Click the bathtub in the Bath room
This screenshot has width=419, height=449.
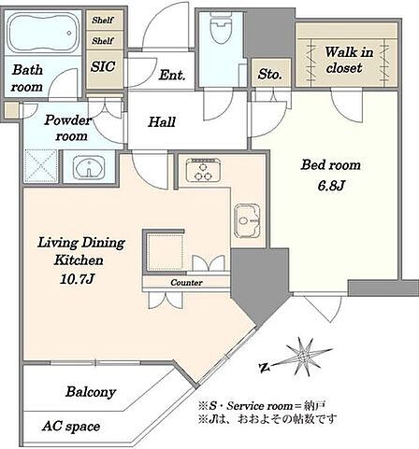[x=43, y=33]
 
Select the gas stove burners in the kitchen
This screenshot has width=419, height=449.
[x=203, y=170]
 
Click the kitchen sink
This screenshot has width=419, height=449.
[x=247, y=221]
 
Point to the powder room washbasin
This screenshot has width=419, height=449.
[x=89, y=168]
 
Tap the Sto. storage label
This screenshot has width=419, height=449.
[x=270, y=75]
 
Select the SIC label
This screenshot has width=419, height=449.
[x=103, y=66]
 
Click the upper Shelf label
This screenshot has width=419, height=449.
[x=103, y=21]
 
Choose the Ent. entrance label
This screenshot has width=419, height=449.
[x=172, y=75]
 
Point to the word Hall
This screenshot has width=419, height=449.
[x=162, y=121]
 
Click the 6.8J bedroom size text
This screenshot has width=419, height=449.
[x=331, y=186]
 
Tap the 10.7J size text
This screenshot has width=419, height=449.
[x=77, y=279]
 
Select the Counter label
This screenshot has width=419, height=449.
[x=186, y=283]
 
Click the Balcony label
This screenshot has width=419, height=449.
[x=91, y=392]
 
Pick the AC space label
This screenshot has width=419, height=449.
[x=71, y=427]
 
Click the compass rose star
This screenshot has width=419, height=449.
[x=302, y=357]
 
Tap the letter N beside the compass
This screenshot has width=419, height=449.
[x=265, y=368]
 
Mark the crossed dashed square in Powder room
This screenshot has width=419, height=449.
[x=41, y=166]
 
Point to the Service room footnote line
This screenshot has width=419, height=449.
[x=262, y=406]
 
